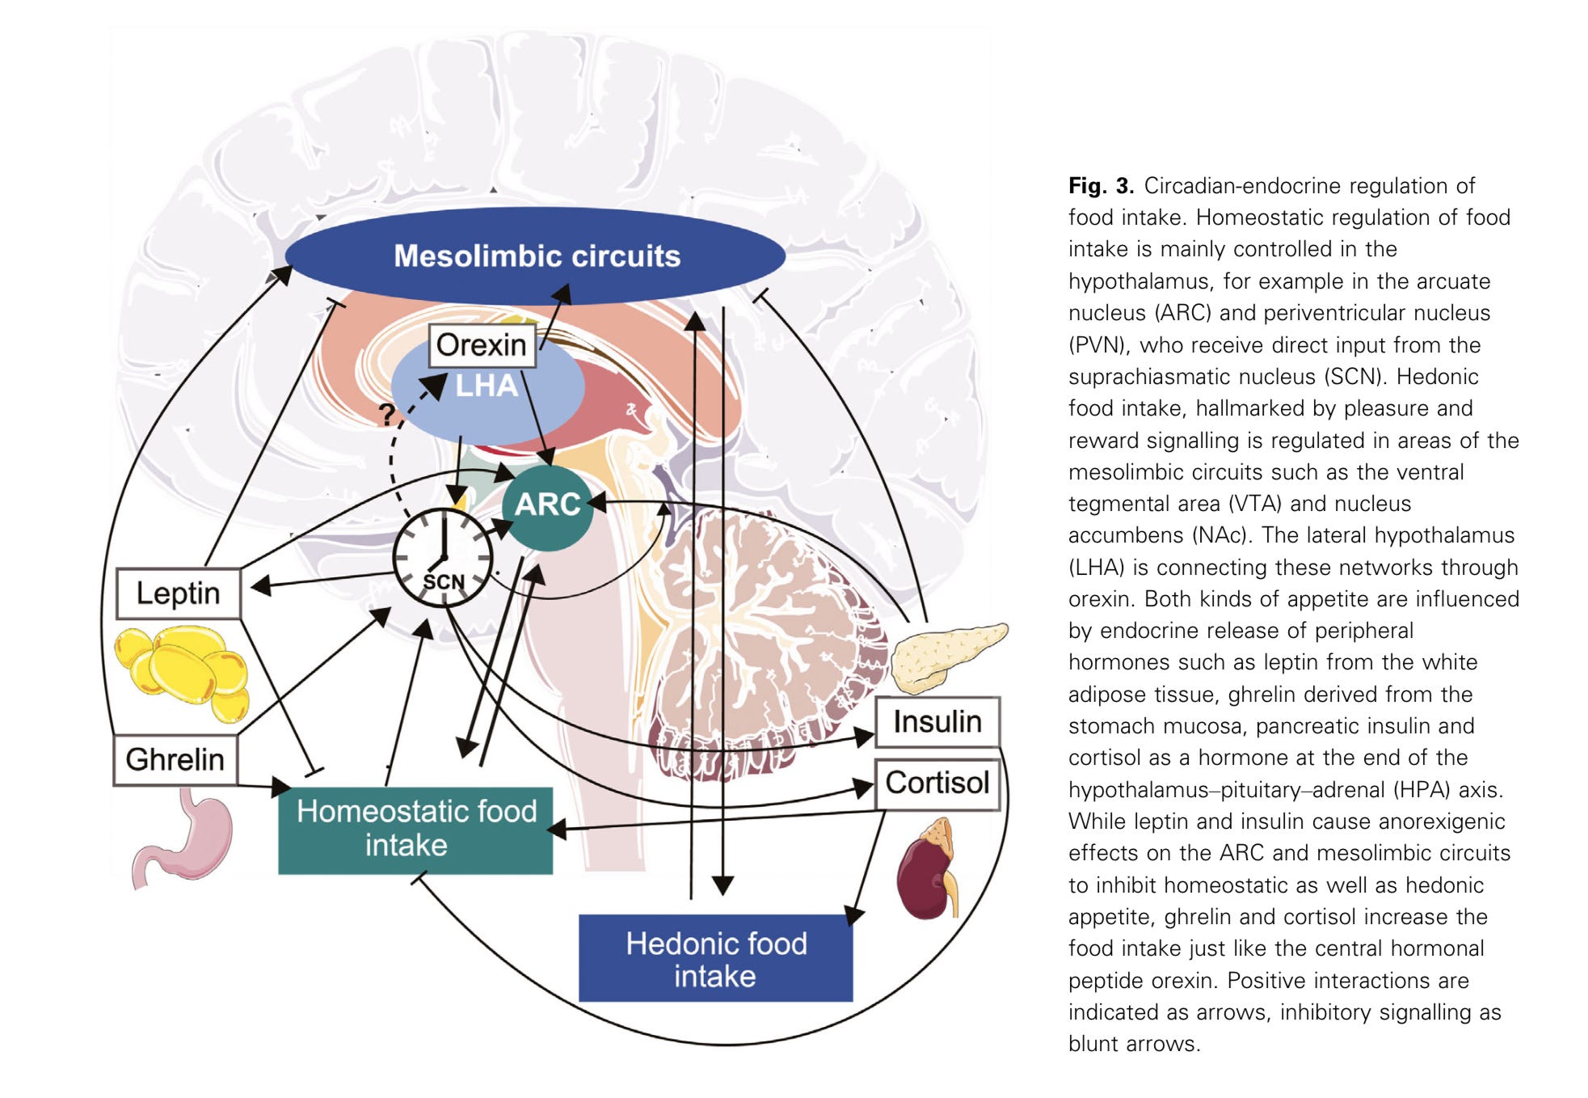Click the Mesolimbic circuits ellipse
pos(535,255)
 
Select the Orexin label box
pos(482,345)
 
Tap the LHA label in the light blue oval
pos(487,386)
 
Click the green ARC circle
pos(547,505)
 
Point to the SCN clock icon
pos(442,558)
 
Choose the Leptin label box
pos(178,593)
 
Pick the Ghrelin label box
pos(175,760)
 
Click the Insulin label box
pos(937,721)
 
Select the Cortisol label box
pos(937,783)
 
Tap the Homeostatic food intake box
pos(415,830)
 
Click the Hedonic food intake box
pos(716,959)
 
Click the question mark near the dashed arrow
pos(387,414)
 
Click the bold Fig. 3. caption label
pos(1101,186)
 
